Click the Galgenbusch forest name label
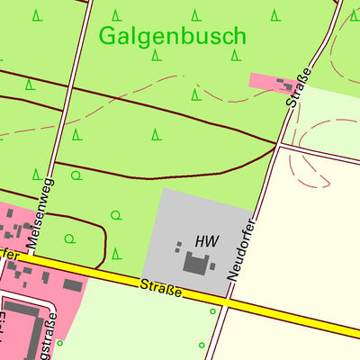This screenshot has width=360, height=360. tap(172, 36)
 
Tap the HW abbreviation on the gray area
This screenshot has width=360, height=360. tap(206, 241)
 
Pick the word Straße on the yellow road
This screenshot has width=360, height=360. tap(161, 290)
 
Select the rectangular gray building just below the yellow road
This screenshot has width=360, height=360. tap(73, 286)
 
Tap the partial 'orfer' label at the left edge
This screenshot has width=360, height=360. tap(9, 255)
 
